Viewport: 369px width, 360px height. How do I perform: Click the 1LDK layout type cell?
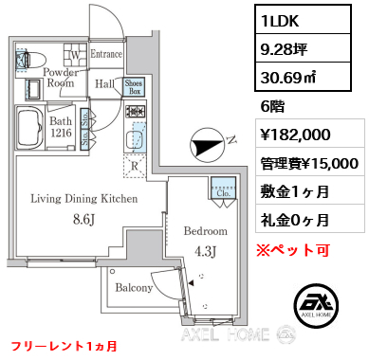point(303,20)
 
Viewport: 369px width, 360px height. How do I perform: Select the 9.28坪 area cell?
point(303,48)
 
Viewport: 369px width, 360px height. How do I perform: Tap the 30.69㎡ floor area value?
point(303,77)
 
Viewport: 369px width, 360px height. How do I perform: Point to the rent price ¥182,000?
point(295,135)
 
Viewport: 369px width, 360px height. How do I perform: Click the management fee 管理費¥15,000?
point(309,163)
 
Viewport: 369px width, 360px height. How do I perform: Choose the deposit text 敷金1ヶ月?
point(294,191)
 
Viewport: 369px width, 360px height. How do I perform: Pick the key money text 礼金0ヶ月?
point(294,220)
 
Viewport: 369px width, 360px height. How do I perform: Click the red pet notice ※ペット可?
point(293,250)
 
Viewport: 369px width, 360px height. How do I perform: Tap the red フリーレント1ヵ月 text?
point(65,346)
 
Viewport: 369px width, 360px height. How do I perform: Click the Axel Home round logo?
point(316,306)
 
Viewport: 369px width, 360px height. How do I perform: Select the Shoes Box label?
point(134,87)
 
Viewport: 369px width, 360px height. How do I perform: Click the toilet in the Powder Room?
point(31,59)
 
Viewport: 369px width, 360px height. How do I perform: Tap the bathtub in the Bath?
point(30,128)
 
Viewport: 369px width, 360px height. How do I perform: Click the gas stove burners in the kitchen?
point(136,111)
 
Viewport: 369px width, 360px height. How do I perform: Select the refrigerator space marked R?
point(135,166)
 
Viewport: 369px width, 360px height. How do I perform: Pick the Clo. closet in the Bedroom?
point(224,189)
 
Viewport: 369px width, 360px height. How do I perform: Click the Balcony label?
point(134,287)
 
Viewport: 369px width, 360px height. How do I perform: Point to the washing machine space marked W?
point(76,55)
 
